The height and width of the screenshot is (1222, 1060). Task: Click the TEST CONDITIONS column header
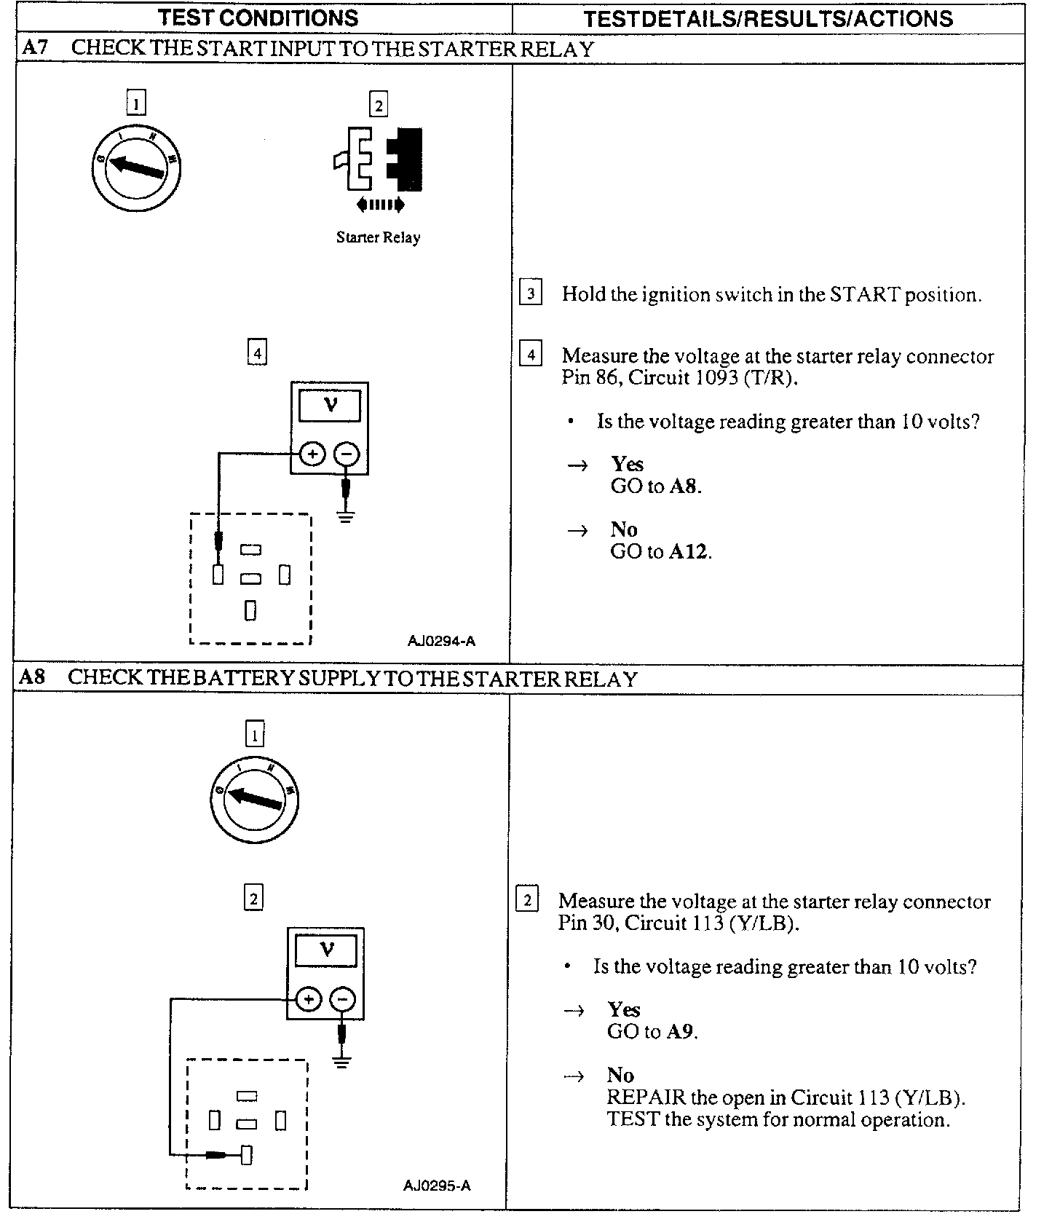point(258,17)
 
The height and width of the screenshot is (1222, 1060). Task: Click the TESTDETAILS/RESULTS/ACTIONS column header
point(768,18)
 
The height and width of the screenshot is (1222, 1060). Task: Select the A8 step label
point(32,677)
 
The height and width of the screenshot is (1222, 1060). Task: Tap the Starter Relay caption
point(378,237)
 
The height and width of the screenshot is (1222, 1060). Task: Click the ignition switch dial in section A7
point(136,169)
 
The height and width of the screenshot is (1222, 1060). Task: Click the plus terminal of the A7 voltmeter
point(313,454)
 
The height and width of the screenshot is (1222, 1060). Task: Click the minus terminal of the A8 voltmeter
point(344,999)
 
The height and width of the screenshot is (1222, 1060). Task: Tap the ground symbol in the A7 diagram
point(346,518)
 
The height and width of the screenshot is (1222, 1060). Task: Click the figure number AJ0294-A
point(441,641)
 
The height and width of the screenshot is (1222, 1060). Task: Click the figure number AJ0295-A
point(437,1186)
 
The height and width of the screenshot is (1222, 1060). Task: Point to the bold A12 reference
point(688,552)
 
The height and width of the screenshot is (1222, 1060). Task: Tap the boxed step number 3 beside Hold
point(531,294)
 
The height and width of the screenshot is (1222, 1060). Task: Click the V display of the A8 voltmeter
point(326,950)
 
